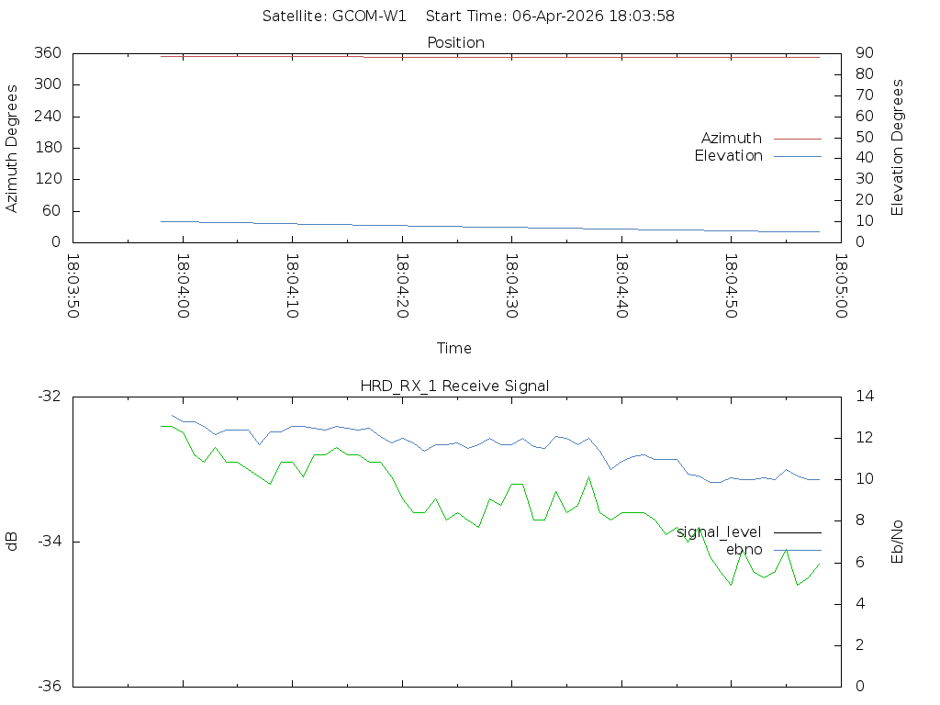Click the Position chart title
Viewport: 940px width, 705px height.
[455, 43]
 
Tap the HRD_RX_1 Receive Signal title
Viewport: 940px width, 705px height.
[454, 386]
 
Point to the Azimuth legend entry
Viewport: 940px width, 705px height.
[732, 139]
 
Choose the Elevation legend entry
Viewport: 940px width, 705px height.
[728, 156]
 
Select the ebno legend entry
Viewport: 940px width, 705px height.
[744, 550]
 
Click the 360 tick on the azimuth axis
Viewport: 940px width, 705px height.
[47, 53]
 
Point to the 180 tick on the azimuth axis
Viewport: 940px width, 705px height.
[47, 148]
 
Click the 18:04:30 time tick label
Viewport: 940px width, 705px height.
[510, 286]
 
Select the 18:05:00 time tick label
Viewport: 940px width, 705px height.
[839, 286]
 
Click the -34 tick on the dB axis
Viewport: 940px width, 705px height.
[48, 542]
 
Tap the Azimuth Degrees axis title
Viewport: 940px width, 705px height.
[13, 149]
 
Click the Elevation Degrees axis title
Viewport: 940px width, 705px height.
[898, 148]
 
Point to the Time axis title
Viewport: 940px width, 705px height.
[454, 349]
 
